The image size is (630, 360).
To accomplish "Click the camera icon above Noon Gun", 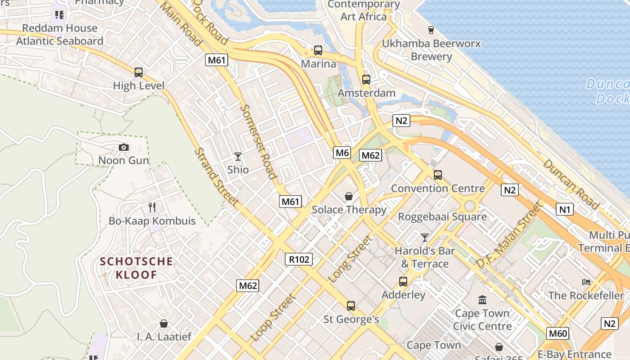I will click(x=124, y=147).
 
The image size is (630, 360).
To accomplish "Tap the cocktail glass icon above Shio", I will click(x=238, y=157).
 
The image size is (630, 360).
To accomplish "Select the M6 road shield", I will click(x=342, y=153).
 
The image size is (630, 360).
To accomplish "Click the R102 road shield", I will click(x=299, y=259).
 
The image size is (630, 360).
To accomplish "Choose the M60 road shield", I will click(x=558, y=333).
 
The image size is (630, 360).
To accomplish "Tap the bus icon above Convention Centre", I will click(x=438, y=175).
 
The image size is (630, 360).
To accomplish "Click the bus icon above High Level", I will click(x=139, y=72).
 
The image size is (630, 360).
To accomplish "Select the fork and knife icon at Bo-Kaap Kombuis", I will click(x=152, y=207).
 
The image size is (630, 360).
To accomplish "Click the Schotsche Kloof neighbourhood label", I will click(x=136, y=268).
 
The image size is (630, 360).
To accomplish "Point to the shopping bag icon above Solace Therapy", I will click(x=349, y=196).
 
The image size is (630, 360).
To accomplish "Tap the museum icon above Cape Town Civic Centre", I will click(x=482, y=300).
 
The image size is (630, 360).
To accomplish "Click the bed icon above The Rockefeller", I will click(x=586, y=282).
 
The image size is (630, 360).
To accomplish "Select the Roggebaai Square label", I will click(x=442, y=217).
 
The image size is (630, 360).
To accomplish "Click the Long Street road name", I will click(x=351, y=260).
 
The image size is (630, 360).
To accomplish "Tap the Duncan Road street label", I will click(x=571, y=184).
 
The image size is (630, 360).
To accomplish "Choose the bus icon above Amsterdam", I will click(x=366, y=80).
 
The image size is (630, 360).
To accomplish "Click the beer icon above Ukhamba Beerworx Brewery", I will click(x=431, y=30).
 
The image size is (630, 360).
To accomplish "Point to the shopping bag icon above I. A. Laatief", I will click(x=164, y=324).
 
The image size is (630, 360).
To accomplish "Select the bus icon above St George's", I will click(x=351, y=306).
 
